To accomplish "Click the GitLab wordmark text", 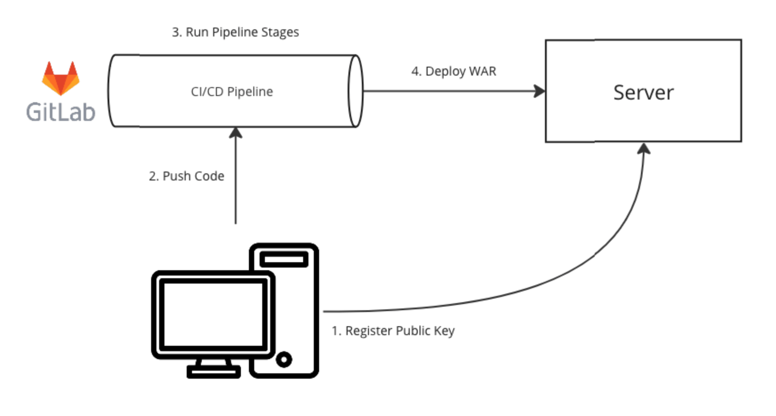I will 60,112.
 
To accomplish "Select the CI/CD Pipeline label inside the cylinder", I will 232,92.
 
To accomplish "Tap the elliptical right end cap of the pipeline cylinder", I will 355,91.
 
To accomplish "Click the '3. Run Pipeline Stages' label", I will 235,32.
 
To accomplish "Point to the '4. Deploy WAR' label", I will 453,71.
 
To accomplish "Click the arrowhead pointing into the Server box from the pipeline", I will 540,91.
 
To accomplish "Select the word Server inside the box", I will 643,92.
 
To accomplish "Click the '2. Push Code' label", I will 186,176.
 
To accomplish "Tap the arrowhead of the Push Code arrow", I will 236,133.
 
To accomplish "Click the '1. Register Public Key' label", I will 393,331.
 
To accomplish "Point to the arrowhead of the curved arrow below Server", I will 644,149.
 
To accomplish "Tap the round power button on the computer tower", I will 284,359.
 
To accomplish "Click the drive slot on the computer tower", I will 284,259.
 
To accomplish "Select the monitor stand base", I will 213,371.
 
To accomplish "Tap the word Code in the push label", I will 208,176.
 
